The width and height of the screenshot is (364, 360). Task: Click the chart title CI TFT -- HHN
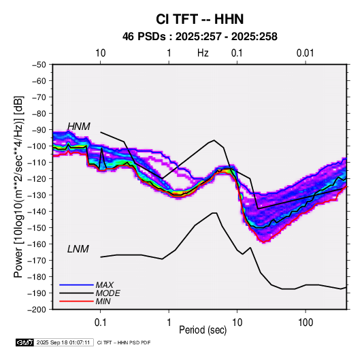(x=199, y=19)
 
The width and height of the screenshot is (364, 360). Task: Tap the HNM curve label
(x=79, y=127)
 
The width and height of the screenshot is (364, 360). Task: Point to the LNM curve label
(x=78, y=249)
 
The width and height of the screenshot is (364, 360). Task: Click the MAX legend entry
(x=105, y=284)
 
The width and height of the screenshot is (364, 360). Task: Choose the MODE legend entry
(x=107, y=293)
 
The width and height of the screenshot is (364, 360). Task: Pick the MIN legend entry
(x=103, y=301)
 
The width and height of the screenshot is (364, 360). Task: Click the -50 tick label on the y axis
(x=39, y=65)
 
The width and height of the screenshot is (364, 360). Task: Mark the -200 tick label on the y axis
(x=37, y=310)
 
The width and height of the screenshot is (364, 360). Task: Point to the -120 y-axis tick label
(x=37, y=179)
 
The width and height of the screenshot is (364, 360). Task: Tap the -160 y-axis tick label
(x=37, y=244)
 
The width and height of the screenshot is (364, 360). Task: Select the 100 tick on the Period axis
(x=305, y=323)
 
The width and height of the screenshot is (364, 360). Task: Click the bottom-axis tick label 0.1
(x=100, y=323)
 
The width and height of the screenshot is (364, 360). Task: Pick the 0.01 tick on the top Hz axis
(x=305, y=53)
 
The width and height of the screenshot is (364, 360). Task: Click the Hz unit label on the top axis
(x=203, y=53)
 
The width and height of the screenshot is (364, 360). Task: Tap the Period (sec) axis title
(x=203, y=330)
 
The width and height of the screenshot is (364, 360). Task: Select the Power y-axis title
(x=18, y=186)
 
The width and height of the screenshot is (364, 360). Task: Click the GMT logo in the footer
(x=24, y=342)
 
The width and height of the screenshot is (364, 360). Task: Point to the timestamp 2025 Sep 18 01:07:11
(x=63, y=342)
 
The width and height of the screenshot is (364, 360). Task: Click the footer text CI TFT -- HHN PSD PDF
(x=124, y=342)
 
